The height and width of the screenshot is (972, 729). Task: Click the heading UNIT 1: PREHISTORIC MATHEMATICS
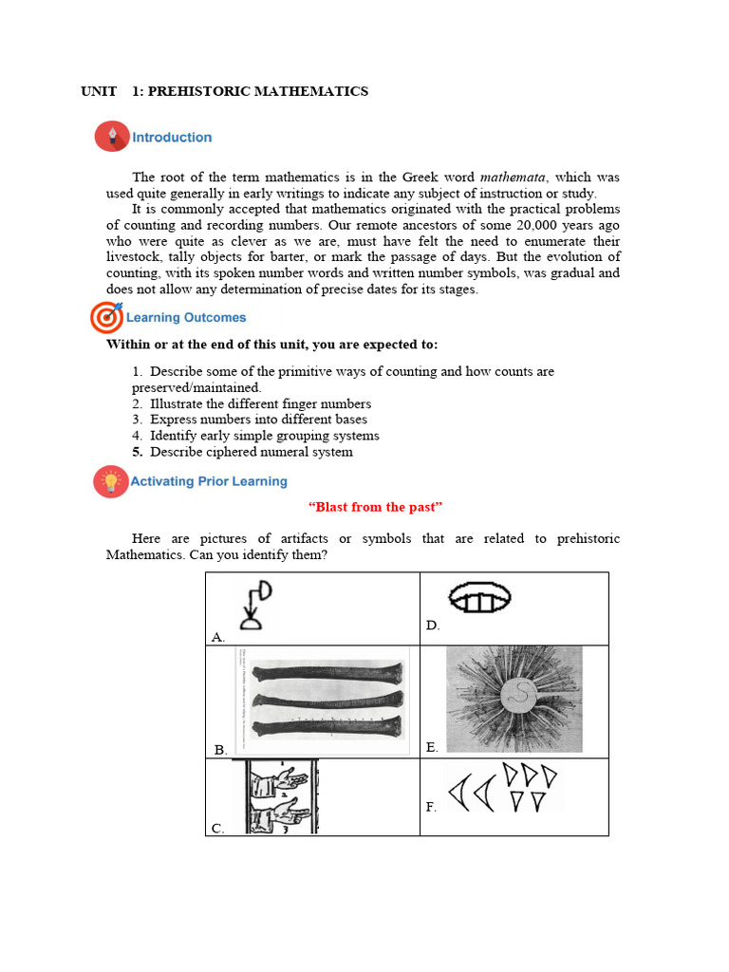pyautogui.click(x=224, y=91)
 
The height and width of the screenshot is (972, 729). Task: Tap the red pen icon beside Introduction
pyautogui.click(x=112, y=137)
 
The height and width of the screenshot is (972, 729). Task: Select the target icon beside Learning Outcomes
pyautogui.click(x=105, y=317)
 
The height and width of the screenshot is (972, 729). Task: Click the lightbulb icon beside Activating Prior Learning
pyautogui.click(x=110, y=481)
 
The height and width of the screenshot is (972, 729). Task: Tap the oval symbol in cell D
pyautogui.click(x=478, y=598)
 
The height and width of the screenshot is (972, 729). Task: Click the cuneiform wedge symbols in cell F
pyautogui.click(x=502, y=788)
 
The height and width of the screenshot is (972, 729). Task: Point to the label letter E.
pyautogui.click(x=432, y=748)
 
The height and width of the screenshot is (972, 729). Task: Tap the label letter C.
pyautogui.click(x=217, y=828)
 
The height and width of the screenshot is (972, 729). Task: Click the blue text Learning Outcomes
pyautogui.click(x=186, y=318)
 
